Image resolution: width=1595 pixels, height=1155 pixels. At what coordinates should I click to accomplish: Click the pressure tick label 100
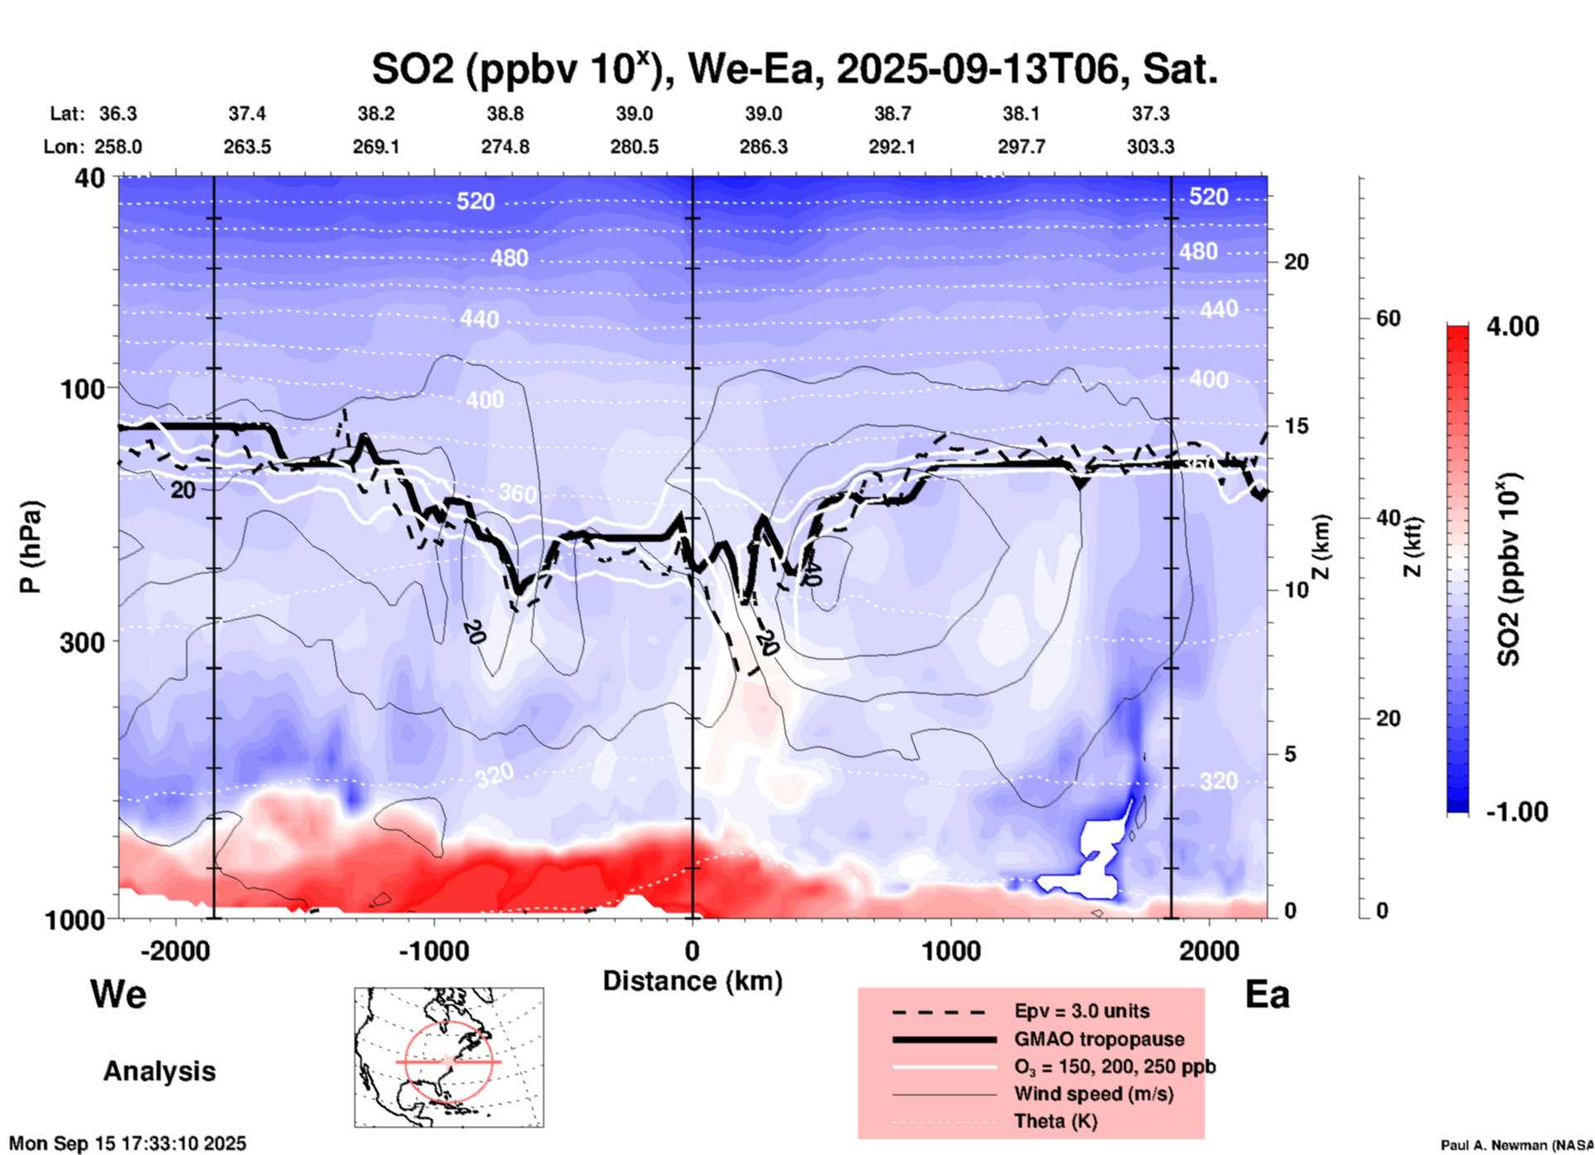83,389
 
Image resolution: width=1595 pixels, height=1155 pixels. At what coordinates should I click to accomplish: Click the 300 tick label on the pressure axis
83,642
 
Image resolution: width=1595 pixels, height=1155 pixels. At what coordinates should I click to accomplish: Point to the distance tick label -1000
433,951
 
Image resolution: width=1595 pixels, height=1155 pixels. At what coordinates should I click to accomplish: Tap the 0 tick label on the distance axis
692,951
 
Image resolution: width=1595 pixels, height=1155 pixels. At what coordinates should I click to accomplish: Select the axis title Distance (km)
692,981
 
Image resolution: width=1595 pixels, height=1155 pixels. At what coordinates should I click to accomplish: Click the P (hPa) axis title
31,547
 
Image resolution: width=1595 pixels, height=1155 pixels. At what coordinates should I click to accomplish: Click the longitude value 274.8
505,147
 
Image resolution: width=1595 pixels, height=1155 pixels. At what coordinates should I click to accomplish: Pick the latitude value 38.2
376,114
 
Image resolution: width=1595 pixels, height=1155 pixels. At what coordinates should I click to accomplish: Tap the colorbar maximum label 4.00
1512,326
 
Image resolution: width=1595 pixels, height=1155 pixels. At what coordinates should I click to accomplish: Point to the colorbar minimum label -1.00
1516,812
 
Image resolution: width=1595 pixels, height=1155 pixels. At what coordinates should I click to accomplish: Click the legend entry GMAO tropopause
1099,1039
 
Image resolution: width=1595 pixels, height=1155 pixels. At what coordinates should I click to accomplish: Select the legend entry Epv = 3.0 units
1082,1011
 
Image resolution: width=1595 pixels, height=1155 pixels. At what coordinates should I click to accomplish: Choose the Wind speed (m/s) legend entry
1093,1094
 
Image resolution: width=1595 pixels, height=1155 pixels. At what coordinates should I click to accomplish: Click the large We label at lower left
118,994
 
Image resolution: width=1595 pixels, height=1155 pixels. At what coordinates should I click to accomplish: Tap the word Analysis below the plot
159,1071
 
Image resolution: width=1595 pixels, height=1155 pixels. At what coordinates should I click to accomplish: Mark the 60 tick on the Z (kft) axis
1388,318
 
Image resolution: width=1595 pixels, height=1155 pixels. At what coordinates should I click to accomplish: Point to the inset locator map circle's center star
448,1061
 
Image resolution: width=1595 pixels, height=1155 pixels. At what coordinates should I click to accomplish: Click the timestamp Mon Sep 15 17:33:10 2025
128,1143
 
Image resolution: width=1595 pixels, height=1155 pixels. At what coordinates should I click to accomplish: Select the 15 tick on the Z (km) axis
1296,426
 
